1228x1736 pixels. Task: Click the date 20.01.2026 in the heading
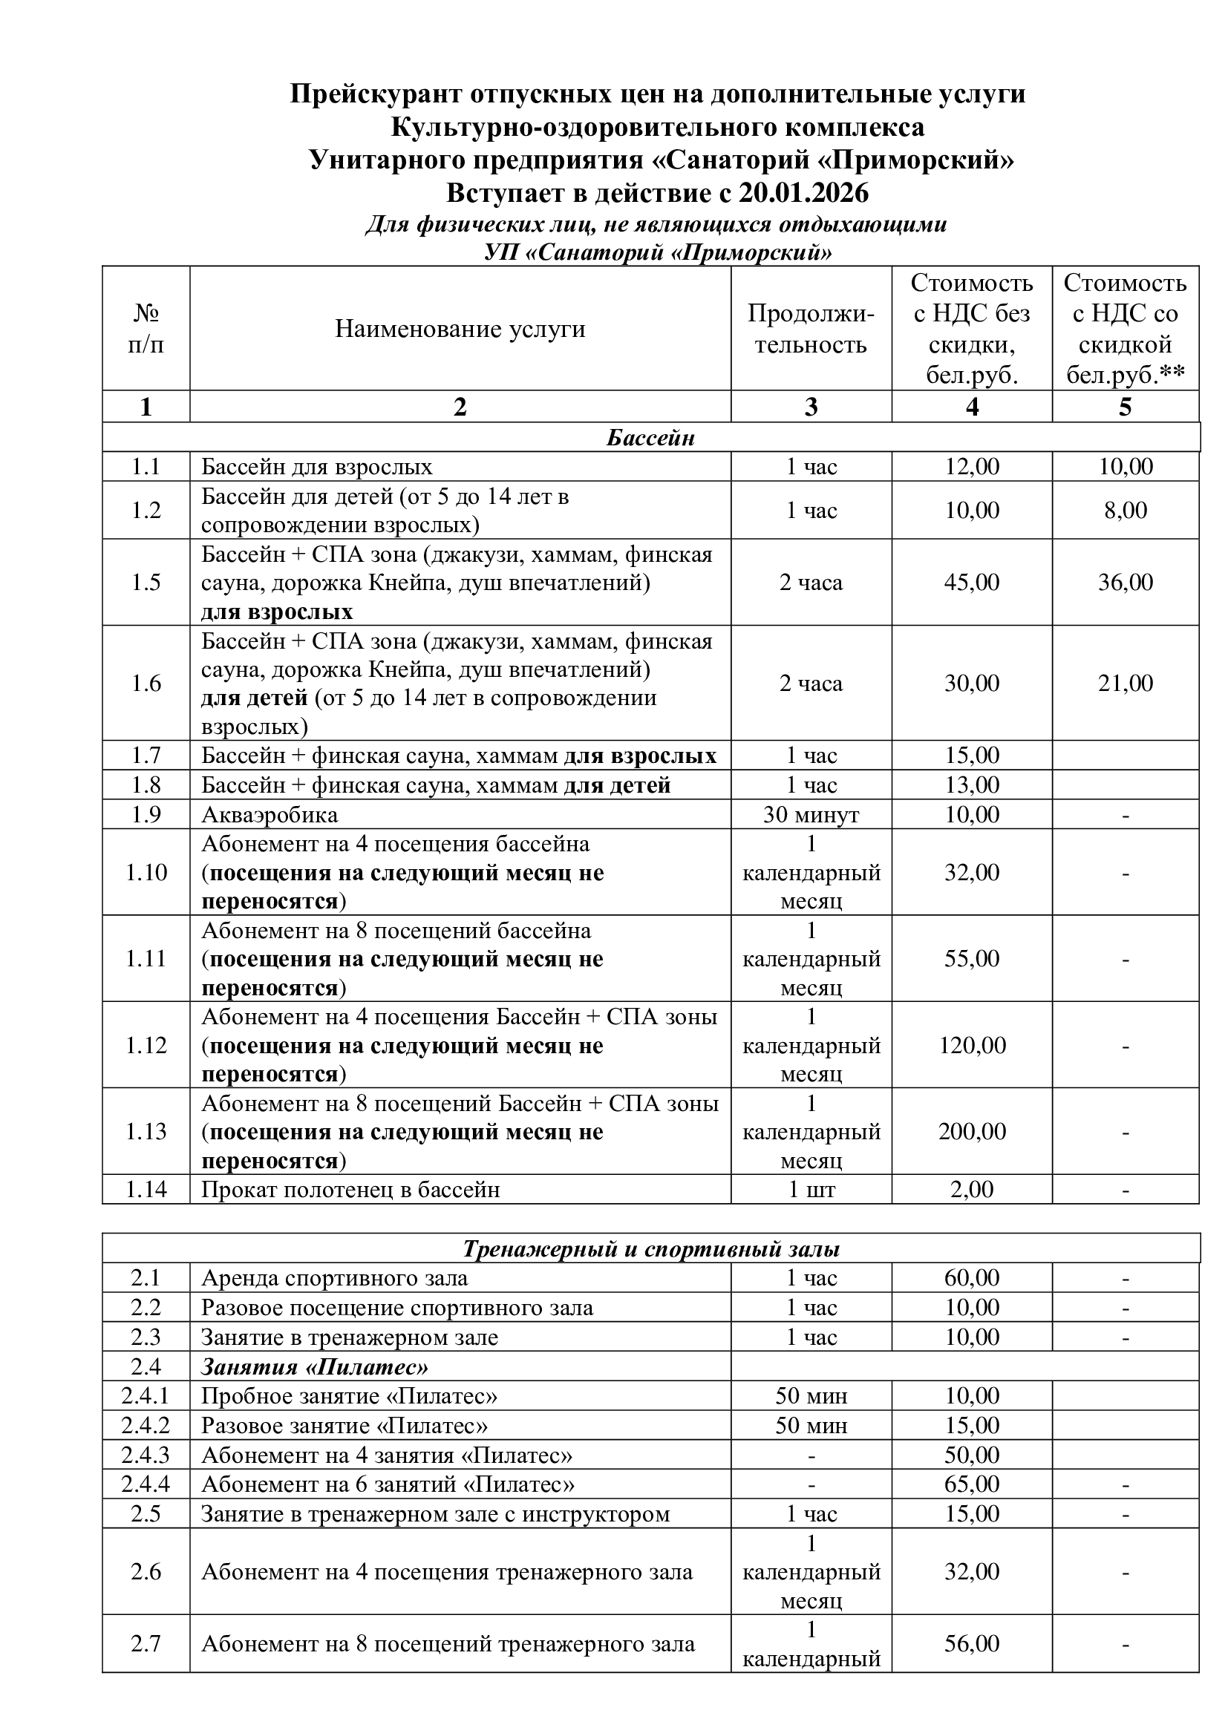(x=804, y=194)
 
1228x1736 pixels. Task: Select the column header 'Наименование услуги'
(x=460, y=329)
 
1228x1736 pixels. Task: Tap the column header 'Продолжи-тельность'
(x=811, y=329)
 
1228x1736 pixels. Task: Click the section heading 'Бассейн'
(x=650, y=438)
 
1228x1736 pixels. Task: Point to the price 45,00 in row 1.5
(x=972, y=582)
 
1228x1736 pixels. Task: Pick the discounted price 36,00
(x=1125, y=582)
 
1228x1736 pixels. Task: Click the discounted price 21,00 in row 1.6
(x=1125, y=684)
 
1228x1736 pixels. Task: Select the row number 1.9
(x=146, y=815)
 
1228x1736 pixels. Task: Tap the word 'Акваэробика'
(x=270, y=815)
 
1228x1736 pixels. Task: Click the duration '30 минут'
(x=811, y=815)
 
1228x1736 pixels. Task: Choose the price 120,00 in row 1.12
(x=972, y=1046)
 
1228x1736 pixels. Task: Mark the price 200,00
(x=972, y=1132)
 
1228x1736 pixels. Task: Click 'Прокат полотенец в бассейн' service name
(x=350, y=1190)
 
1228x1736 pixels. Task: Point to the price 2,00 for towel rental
(x=972, y=1190)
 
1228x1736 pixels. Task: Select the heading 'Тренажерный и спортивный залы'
(x=650, y=1249)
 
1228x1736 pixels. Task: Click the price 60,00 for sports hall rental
(x=972, y=1279)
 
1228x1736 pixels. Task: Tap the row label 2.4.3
(x=146, y=1455)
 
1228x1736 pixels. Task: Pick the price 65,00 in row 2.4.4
(x=972, y=1485)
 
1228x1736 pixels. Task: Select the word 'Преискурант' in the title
(x=376, y=94)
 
